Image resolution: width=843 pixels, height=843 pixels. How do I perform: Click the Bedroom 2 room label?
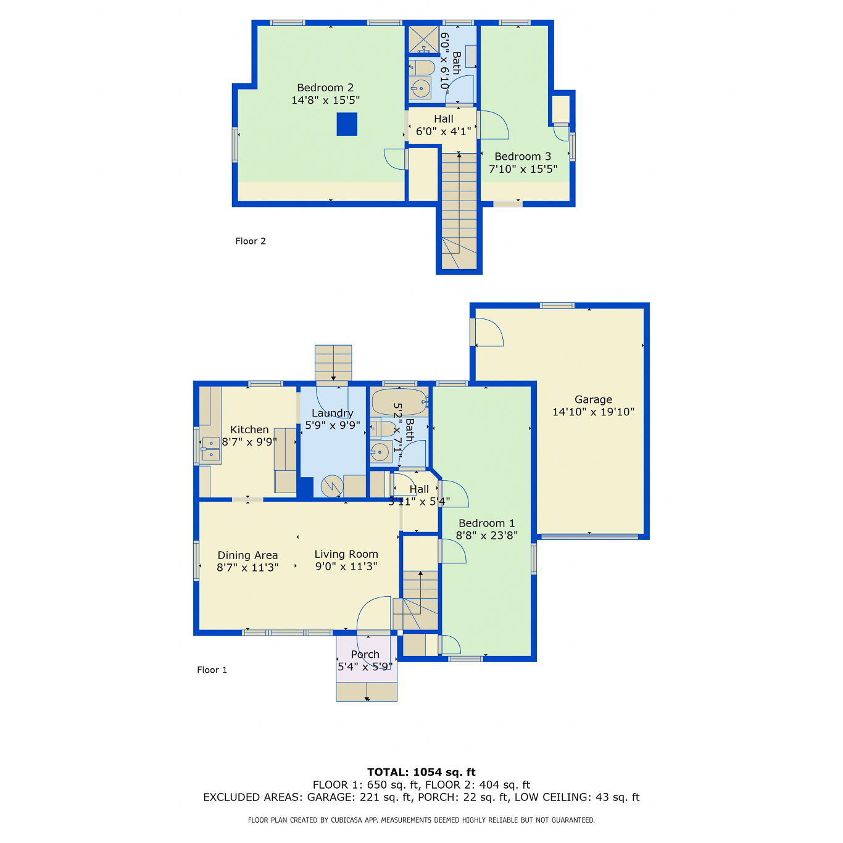325,88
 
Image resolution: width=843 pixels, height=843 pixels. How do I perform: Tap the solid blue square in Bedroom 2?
347,124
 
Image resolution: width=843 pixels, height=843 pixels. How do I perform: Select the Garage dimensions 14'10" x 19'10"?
593,412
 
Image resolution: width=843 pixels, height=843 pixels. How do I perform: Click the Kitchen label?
249,430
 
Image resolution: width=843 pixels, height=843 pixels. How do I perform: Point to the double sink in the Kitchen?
211,449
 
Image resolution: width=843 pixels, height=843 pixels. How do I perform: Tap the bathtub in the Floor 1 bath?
399,402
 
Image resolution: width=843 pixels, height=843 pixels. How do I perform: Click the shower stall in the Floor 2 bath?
423,40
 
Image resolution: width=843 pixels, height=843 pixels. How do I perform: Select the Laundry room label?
333,413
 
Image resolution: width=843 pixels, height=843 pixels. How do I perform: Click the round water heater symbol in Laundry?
332,486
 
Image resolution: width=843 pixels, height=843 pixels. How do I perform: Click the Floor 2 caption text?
250,241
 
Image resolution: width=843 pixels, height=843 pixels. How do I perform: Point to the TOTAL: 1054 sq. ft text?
421,772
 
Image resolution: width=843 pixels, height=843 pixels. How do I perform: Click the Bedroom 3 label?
523,157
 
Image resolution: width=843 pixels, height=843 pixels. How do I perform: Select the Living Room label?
346,554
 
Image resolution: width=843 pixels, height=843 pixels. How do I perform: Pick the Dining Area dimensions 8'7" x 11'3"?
247,567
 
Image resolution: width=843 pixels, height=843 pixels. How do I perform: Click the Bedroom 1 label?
486,523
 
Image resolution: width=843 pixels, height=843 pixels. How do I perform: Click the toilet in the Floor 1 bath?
383,430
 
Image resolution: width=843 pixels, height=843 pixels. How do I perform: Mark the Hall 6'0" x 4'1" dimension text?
443,131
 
